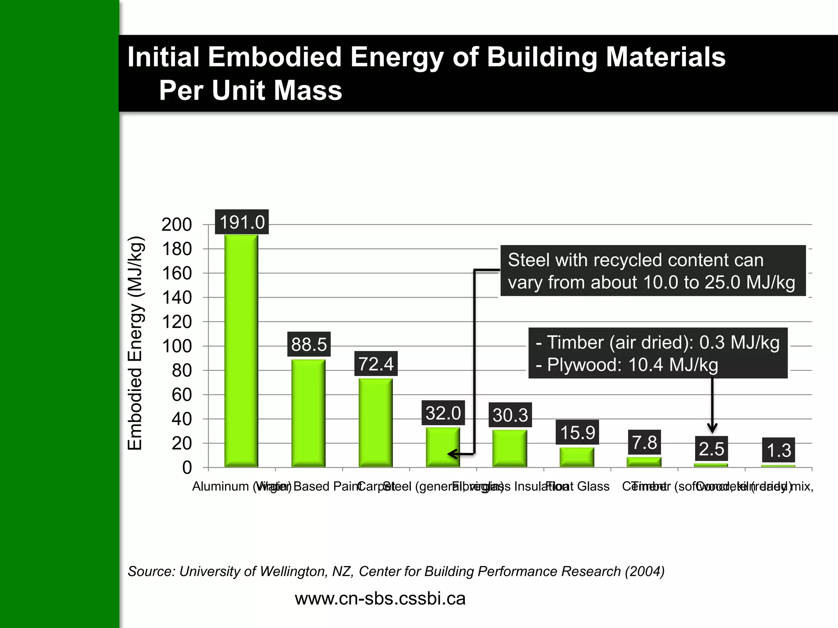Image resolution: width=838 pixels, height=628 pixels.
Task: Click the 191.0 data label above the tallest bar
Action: coord(242,222)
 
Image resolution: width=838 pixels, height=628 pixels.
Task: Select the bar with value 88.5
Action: coord(308,413)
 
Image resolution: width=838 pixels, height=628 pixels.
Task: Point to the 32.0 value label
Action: coord(443,413)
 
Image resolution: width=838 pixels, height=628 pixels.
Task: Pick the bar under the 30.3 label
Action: coord(510,448)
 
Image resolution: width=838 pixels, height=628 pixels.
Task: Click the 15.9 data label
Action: coord(577,433)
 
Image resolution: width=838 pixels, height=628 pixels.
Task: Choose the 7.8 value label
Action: coord(644,442)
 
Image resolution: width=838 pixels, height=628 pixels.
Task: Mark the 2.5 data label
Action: coord(712,449)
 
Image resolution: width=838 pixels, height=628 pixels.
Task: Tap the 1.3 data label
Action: coord(779,451)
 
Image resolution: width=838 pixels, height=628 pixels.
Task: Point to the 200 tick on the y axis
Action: coord(177,225)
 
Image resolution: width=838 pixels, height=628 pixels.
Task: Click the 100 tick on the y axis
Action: coord(177,346)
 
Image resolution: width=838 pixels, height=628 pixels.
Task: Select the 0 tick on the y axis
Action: coord(187,468)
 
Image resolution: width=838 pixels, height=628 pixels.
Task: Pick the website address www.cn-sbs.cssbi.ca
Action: coord(380,599)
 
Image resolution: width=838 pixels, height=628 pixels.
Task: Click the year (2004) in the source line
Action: coord(644,571)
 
